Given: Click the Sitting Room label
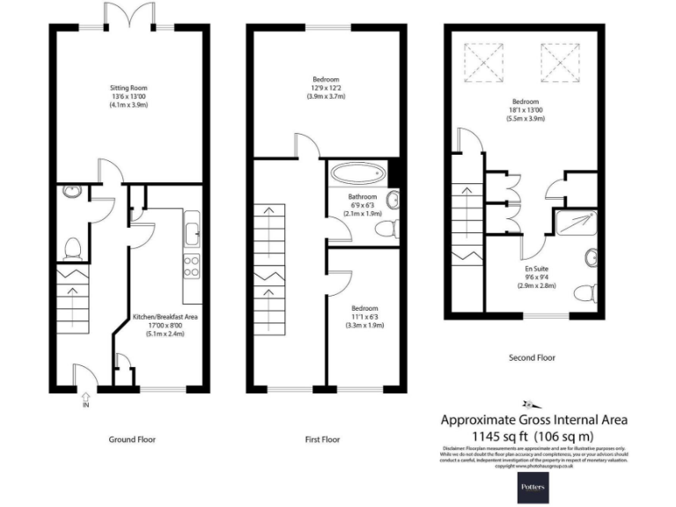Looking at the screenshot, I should tap(129, 88).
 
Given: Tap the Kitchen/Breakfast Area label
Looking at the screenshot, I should tap(165, 315).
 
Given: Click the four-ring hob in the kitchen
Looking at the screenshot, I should tap(191, 265).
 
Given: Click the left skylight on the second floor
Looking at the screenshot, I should tap(481, 62).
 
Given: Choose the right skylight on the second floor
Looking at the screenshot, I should tap(557, 62).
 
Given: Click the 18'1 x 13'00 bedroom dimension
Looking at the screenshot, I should tap(523, 111).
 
